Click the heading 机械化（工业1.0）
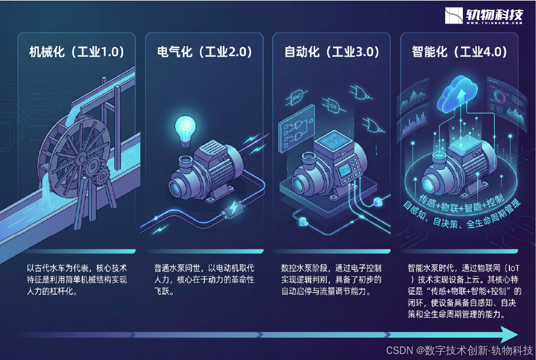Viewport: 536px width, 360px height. (77, 52)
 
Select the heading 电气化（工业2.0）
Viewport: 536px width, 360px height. (205, 52)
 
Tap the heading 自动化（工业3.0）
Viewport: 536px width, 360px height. (331, 52)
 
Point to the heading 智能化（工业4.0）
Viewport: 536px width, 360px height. (459, 52)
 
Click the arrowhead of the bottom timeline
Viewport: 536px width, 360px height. (508, 335)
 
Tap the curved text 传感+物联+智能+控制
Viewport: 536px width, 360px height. (462, 197)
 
